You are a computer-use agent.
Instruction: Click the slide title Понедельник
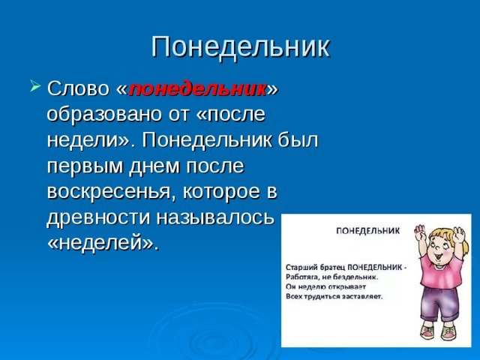[241, 48]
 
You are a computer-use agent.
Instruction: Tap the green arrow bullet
[35, 85]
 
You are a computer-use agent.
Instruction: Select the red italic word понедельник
[197, 90]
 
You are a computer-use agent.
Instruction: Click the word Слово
[78, 88]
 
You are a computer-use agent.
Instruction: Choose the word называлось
[214, 218]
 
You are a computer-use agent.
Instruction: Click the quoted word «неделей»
[103, 243]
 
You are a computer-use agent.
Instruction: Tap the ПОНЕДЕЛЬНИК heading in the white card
[368, 231]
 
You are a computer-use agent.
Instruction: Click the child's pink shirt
[439, 268]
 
